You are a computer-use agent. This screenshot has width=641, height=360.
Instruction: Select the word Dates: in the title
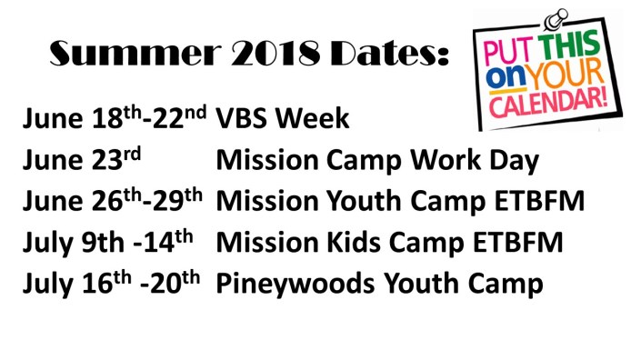coord(383,55)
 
